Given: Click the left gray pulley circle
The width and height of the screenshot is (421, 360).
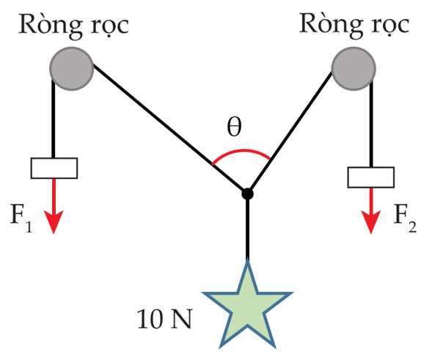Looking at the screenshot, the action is (72, 69).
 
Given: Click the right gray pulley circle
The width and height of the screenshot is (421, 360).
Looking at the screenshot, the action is (354, 69).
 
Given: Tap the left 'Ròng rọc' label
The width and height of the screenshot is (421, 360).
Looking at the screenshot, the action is (73, 26).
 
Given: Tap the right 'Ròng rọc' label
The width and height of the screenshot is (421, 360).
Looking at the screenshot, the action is (354, 25).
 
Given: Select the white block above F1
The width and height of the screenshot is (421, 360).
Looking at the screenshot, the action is (54, 169).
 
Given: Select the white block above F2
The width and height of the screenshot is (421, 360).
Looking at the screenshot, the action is (371, 177).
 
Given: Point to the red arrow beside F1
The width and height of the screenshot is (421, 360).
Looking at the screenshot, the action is (54, 206).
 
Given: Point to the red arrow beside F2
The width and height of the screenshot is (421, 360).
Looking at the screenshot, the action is (371, 210).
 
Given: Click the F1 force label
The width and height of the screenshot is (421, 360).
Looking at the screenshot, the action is (21, 218).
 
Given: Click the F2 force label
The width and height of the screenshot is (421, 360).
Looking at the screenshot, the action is (405, 218).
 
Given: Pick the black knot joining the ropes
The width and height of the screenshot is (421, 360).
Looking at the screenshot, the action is (247, 194).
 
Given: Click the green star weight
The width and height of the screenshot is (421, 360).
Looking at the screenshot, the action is (247, 305).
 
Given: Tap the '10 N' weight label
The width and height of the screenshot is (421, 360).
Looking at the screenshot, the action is (164, 319).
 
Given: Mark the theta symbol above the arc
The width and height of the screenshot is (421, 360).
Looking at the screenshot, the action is (234, 128).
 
